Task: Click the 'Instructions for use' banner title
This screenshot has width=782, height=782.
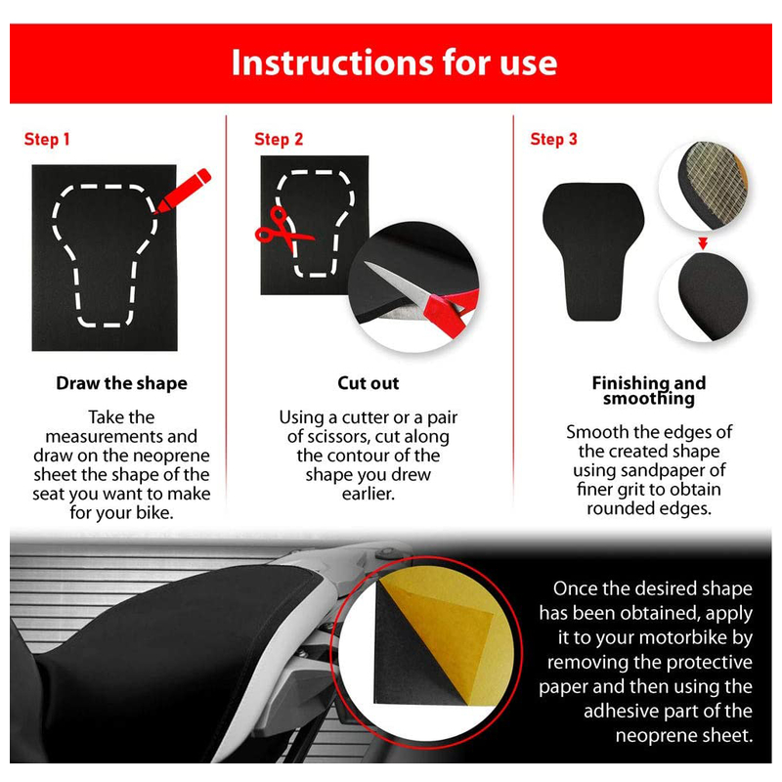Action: [394, 63]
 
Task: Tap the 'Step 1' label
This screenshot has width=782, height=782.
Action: [47, 139]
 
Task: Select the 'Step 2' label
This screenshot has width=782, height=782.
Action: [279, 139]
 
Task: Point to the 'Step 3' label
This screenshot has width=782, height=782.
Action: [553, 139]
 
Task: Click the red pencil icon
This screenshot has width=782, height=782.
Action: [183, 192]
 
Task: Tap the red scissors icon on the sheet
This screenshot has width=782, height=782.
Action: [283, 231]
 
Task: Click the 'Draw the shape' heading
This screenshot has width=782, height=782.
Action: [121, 383]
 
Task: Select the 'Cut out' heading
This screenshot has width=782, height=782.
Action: [369, 383]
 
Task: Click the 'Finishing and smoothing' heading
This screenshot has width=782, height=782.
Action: [649, 390]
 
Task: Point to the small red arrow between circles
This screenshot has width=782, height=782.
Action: [703, 243]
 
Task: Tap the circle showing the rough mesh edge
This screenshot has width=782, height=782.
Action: [704, 187]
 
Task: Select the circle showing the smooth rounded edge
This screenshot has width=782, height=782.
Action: [704, 296]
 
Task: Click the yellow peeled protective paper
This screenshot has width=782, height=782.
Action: [444, 633]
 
